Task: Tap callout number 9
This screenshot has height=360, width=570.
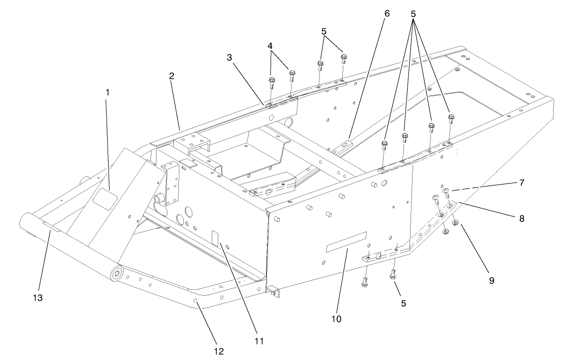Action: click(x=491, y=281)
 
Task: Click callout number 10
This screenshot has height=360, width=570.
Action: click(x=336, y=318)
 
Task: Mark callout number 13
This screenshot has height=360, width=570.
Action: click(x=38, y=298)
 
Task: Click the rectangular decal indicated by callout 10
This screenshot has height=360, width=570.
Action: click(x=346, y=242)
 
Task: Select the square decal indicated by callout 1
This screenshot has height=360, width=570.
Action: click(x=104, y=199)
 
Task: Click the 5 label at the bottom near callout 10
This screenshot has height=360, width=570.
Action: click(x=403, y=303)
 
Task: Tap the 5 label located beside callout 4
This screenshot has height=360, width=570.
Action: click(x=324, y=31)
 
